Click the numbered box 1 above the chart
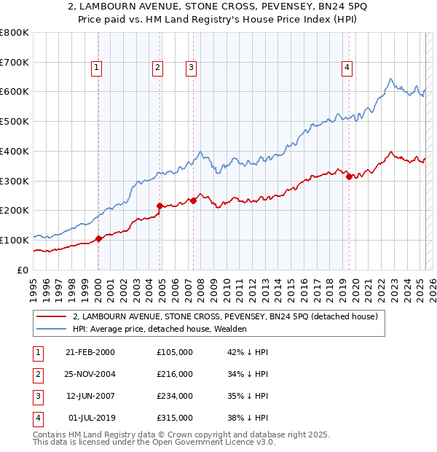(97, 68)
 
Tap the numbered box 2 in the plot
(157, 68)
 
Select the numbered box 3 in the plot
(191, 68)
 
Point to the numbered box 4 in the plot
(347, 68)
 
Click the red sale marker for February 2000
(99, 238)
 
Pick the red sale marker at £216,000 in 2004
(160, 206)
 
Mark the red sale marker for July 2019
(349, 176)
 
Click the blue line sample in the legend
(52, 329)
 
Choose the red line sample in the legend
(52, 317)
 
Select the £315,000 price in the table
(175, 418)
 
